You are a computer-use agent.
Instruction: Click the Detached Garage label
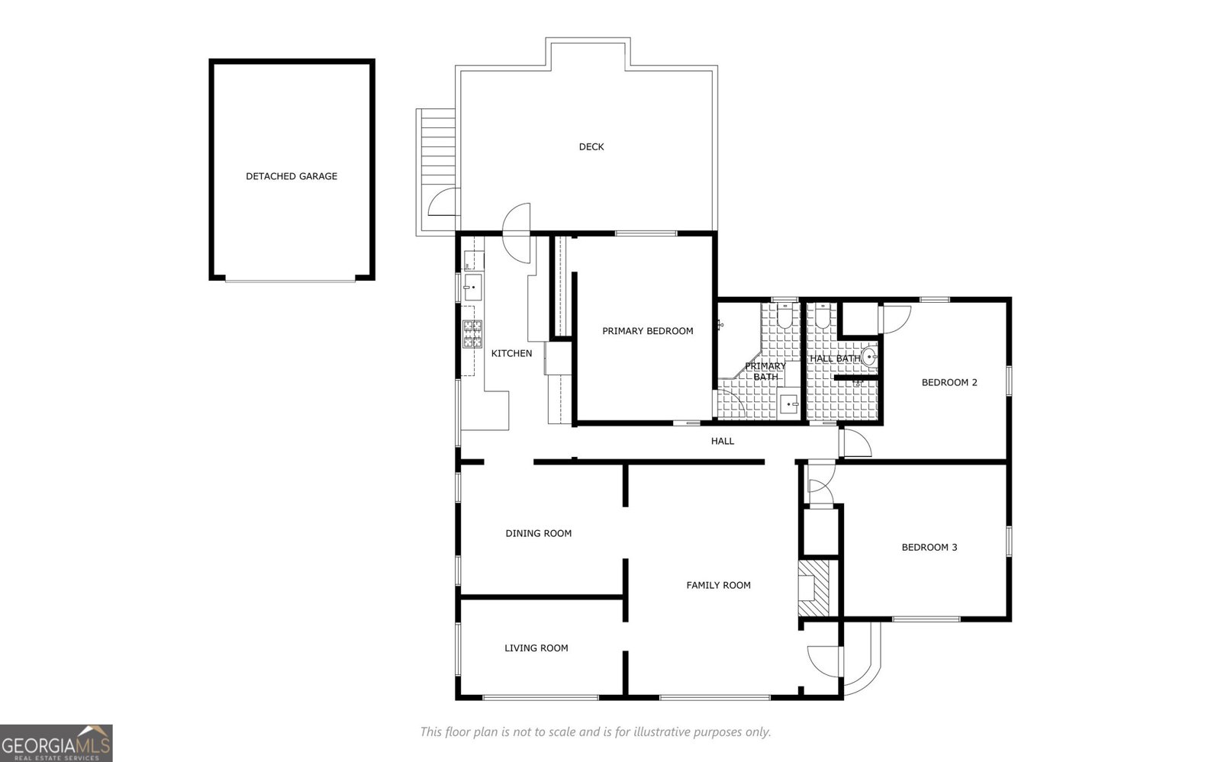click(291, 176)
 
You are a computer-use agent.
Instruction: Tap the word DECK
click(591, 146)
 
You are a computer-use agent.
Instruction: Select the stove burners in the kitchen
click(472, 334)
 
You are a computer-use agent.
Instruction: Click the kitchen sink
click(473, 288)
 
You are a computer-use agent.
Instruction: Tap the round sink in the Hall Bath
click(869, 356)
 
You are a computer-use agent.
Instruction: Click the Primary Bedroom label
click(647, 331)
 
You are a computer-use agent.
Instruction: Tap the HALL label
click(722, 441)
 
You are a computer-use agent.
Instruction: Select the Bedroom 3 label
click(929, 547)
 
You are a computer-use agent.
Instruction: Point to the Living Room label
click(536, 648)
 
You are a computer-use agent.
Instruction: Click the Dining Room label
click(538, 533)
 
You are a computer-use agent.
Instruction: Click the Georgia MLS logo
click(56, 743)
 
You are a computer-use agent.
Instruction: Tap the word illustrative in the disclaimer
click(640, 732)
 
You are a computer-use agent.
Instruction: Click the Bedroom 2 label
click(949, 382)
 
